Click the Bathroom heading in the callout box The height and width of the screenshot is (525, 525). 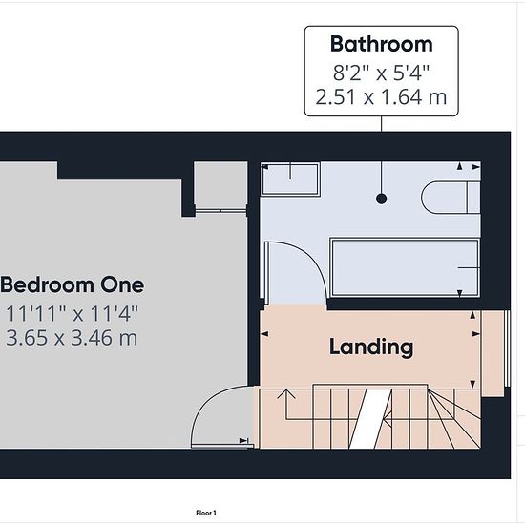coord(382,44)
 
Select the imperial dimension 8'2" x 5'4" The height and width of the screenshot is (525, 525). coord(382,73)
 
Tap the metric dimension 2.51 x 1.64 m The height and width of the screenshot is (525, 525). coord(382,97)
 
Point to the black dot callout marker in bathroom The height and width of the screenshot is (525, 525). coord(382,199)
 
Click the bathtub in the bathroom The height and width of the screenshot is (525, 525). coord(405,267)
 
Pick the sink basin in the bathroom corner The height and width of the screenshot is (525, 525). coord(290,178)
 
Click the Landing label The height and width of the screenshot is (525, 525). coord(371,347)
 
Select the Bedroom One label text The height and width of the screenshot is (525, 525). coord(73,285)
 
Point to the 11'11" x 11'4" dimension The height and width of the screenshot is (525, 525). coord(72,314)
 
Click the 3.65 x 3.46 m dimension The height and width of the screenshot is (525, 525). coord(72,338)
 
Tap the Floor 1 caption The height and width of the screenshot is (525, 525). coord(206,513)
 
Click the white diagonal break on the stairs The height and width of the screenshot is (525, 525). coord(370,419)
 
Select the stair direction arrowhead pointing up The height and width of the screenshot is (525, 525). coord(286,393)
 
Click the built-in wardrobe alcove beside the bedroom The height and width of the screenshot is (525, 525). coord(221,186)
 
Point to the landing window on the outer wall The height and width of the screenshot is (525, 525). coord(508,348)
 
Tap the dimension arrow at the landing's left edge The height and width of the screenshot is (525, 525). coord(264,333)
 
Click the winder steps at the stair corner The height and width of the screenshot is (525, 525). coord(454,418)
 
